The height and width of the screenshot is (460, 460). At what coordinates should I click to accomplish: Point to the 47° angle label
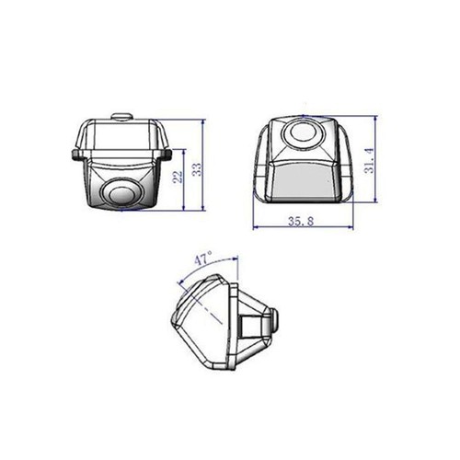point(203,259)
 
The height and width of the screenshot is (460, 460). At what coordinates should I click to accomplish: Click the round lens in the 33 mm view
point(119,194)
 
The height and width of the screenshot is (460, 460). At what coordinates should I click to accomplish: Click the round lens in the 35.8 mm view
point(302,135)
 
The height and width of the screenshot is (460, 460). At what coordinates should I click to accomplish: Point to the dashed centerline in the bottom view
point(213,309)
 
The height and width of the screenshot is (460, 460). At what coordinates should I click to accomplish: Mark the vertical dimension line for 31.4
point(378,161)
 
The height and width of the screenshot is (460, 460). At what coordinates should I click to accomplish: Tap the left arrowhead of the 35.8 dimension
point(256,229)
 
